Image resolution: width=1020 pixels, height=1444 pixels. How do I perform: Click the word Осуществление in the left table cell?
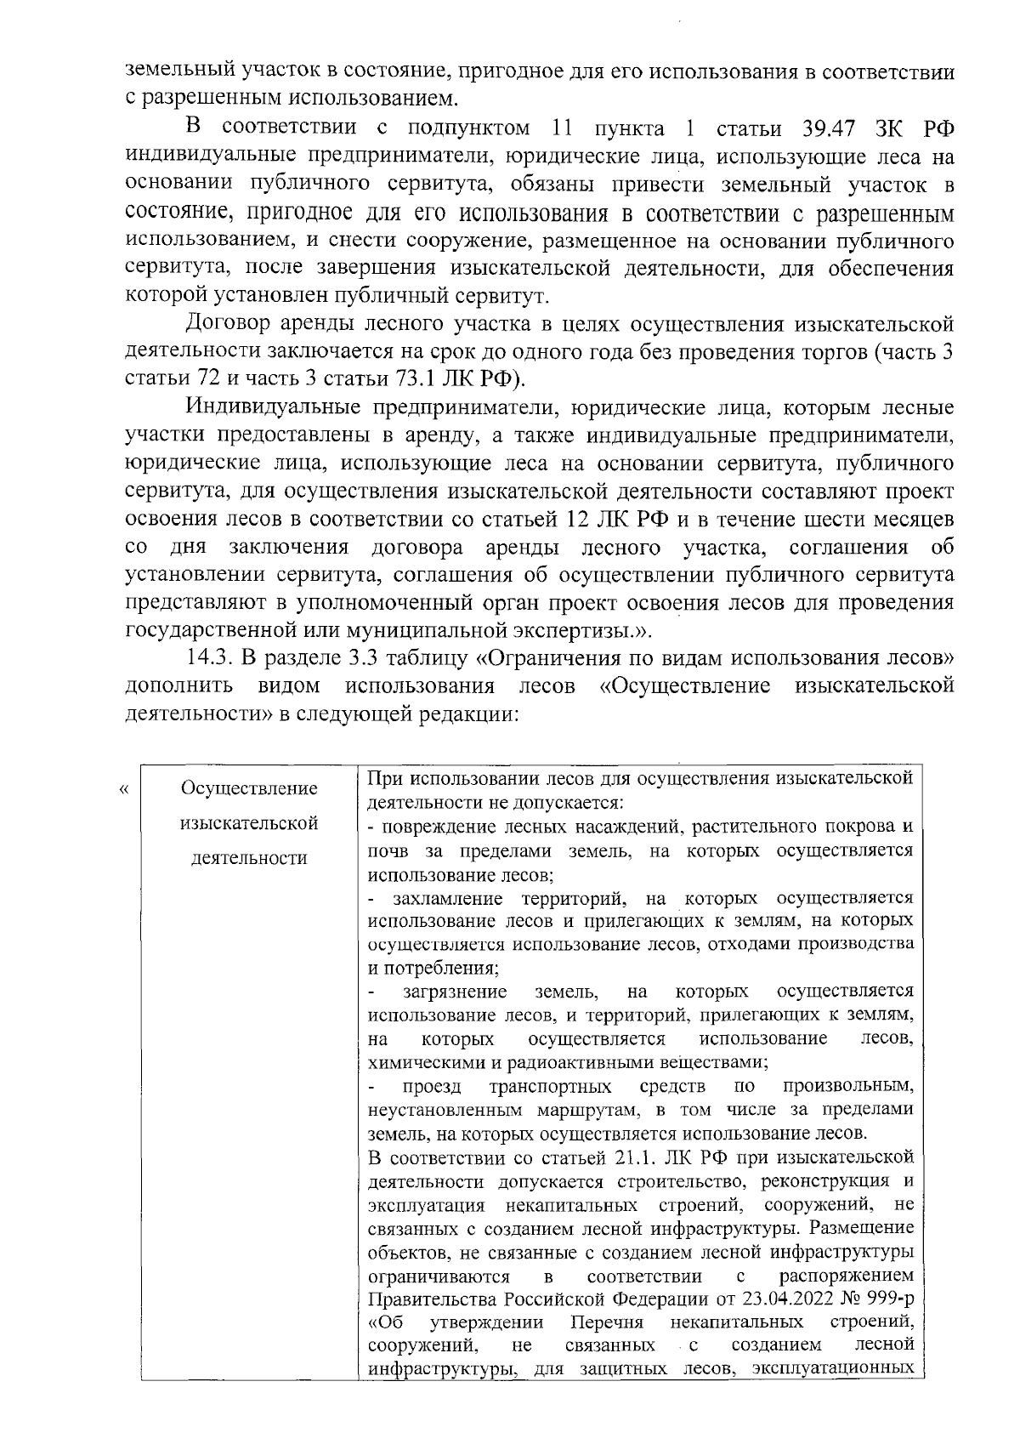[249, 788]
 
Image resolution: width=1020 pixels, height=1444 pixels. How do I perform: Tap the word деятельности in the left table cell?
[249, 858]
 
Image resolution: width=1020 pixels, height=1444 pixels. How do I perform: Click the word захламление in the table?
[447, 898]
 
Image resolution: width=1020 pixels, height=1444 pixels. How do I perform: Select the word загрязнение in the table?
[456, 992]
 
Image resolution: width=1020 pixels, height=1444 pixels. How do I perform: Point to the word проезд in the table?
[432, 1087]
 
